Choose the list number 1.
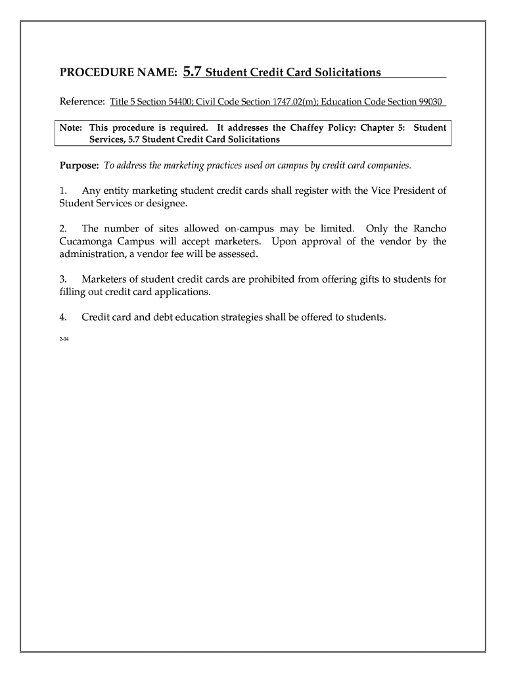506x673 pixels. [63, 191]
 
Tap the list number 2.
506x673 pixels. [63, 228]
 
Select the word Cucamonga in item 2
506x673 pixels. [86, 241]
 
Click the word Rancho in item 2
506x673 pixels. [430, 228]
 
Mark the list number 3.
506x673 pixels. [63, 279]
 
